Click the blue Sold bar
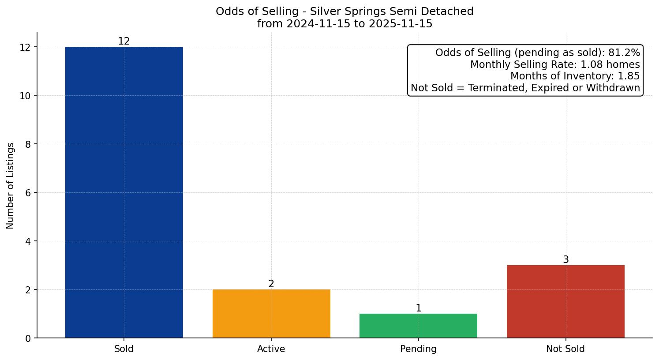(x=124, y=192)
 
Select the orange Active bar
(x=271, y=314)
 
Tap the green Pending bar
(x=418, y=326)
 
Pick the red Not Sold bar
(x=565, y=302)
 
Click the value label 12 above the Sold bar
(x=124, y=41)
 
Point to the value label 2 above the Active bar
(x=271, y=284)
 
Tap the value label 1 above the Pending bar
(x=419, y=308)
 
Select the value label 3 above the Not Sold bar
(x=566, y=260)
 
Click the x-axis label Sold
(x=124, y=349)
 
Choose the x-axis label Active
(x=271, y=349)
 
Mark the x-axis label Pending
(x=418, y=349)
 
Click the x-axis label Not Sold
(x=565, y=349)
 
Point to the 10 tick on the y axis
(x=25, y=96)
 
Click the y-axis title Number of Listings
(x=11, y=186)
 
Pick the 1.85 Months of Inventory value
(x=629, y=76)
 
